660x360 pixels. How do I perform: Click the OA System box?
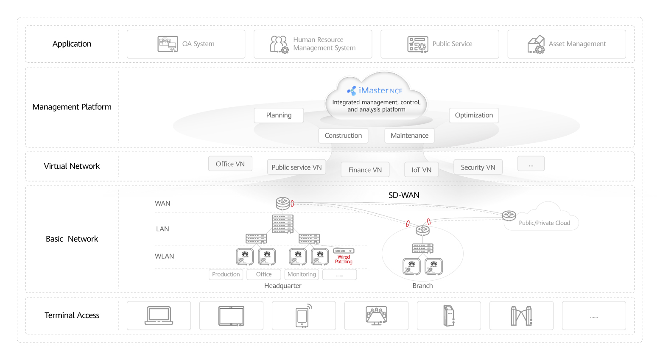tap(186, 44)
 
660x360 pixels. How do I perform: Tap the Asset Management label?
tap(577, 44)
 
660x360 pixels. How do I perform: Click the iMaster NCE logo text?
tap(380, 90)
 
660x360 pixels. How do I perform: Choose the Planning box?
tap(279, 115)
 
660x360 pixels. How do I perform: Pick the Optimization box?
tap(473, 115)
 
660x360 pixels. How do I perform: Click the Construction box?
tap(343, 136)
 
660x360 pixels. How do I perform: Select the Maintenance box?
tap(409, 136)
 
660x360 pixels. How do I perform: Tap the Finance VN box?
tap(365, 170)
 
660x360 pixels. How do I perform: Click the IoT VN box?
tap(421, 170)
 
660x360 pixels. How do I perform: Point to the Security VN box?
tap(478, 167)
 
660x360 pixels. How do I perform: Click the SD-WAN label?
tap(404, 195)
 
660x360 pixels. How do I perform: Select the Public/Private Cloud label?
tap(544, 223)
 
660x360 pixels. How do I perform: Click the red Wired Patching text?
tap(344, 260)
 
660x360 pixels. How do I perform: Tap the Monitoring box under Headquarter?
tap(302, 274)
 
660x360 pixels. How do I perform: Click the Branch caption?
tap(422, 286)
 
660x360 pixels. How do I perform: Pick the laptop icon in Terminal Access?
tap(159, 316)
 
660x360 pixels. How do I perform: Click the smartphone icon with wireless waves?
tap(303, 316)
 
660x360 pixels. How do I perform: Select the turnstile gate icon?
tap(521, 316)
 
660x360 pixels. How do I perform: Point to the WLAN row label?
tap(164, 257)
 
